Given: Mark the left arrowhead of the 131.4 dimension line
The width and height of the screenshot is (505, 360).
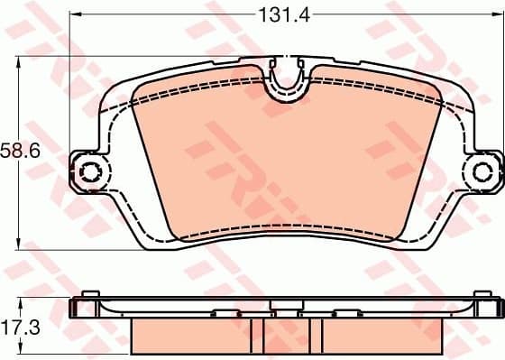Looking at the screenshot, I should pyautogui.click(x=75, y=15).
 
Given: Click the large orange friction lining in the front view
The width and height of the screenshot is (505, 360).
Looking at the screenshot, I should pyautogui.click(x=280, y=162).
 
